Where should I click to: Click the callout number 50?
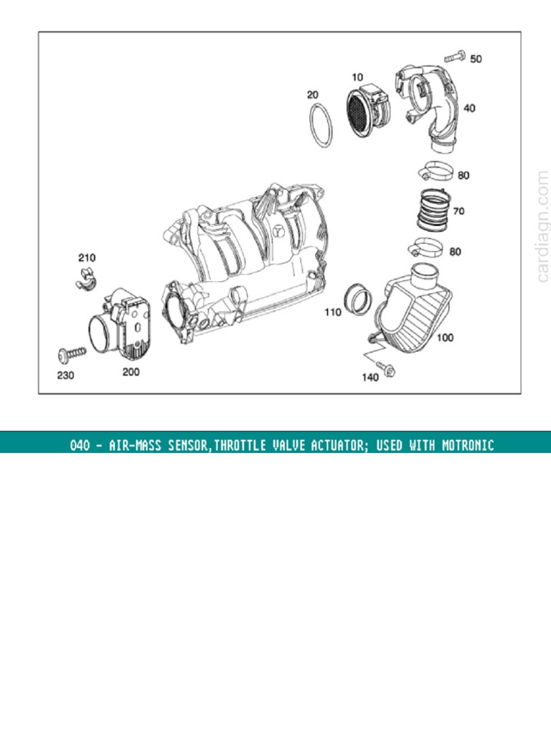(476, 59)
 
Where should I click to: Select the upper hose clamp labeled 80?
(435, 172)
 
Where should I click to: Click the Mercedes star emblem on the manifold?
(281, 231)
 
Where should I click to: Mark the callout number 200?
(131, 372)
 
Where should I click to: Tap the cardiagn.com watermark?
(542, 225)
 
